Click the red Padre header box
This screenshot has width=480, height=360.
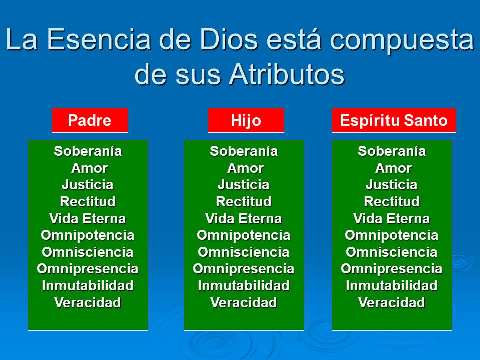pos(90,120)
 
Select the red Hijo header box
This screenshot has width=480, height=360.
pos(246,120)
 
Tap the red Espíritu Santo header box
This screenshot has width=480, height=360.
pos(394,120)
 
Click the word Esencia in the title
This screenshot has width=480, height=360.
pos(108,40)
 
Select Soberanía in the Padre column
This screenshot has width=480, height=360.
pos(88,151)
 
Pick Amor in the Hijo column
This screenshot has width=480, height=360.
pos(245,168)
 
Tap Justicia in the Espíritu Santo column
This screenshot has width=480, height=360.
pos(391,185)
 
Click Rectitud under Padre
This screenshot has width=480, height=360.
pos(88,202)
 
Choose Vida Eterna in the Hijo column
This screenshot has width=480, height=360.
pos(243,219)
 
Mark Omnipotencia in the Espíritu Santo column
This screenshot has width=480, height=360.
pos(391,235)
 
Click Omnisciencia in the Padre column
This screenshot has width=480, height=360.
pos(88,252)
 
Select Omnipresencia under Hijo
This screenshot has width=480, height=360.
pos(243,269)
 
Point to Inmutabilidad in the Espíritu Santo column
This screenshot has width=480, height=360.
pos(391,286)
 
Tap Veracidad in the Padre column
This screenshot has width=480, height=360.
pos(88,303)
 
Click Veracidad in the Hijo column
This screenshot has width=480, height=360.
pos(243,303)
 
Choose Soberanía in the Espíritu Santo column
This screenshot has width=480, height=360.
pos(391,151)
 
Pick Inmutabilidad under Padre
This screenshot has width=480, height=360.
pos(88,286)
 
